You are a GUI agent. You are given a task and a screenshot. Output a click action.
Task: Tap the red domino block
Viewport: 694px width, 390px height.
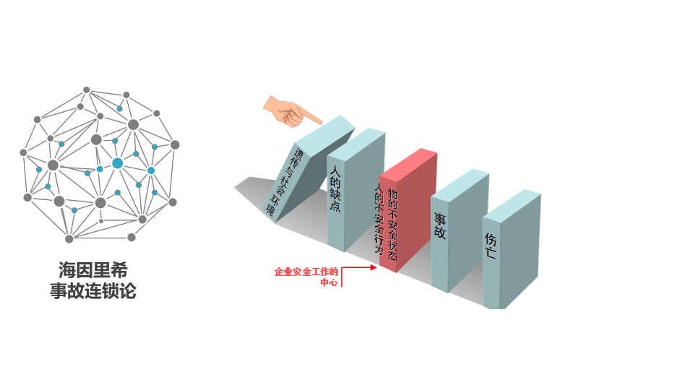click(408, 210)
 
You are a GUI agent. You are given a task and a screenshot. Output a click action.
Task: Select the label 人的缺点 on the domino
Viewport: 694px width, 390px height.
click(335, 188)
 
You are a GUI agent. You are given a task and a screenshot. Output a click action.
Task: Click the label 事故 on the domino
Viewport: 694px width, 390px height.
click(440, 226)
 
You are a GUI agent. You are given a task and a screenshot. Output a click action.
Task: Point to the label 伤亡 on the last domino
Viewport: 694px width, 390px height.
click(490, 246)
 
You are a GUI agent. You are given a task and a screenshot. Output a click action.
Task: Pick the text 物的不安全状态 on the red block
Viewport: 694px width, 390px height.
click(393, 224)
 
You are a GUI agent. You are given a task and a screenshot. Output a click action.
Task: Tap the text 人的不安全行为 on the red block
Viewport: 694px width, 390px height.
click(379, 218)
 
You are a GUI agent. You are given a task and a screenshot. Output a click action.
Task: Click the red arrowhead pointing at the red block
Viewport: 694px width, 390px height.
click(373, 267)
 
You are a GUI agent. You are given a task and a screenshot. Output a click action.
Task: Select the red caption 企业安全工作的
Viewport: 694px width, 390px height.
click(306, 272)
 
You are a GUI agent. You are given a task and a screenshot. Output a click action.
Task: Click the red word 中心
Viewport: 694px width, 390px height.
click(330, 282)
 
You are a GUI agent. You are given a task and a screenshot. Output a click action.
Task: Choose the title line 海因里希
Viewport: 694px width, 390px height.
click(93, 269)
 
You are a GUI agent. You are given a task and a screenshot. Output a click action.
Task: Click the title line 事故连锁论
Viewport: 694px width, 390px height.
click(93, 291)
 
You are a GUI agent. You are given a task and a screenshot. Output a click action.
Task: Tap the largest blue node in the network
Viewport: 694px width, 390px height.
click(117, 163)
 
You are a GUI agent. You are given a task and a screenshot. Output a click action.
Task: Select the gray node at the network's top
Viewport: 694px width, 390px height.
click(86, 90)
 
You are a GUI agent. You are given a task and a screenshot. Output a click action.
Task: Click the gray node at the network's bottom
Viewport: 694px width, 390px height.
click(69, 239)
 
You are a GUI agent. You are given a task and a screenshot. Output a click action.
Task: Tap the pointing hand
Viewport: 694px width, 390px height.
click(290, 111)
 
